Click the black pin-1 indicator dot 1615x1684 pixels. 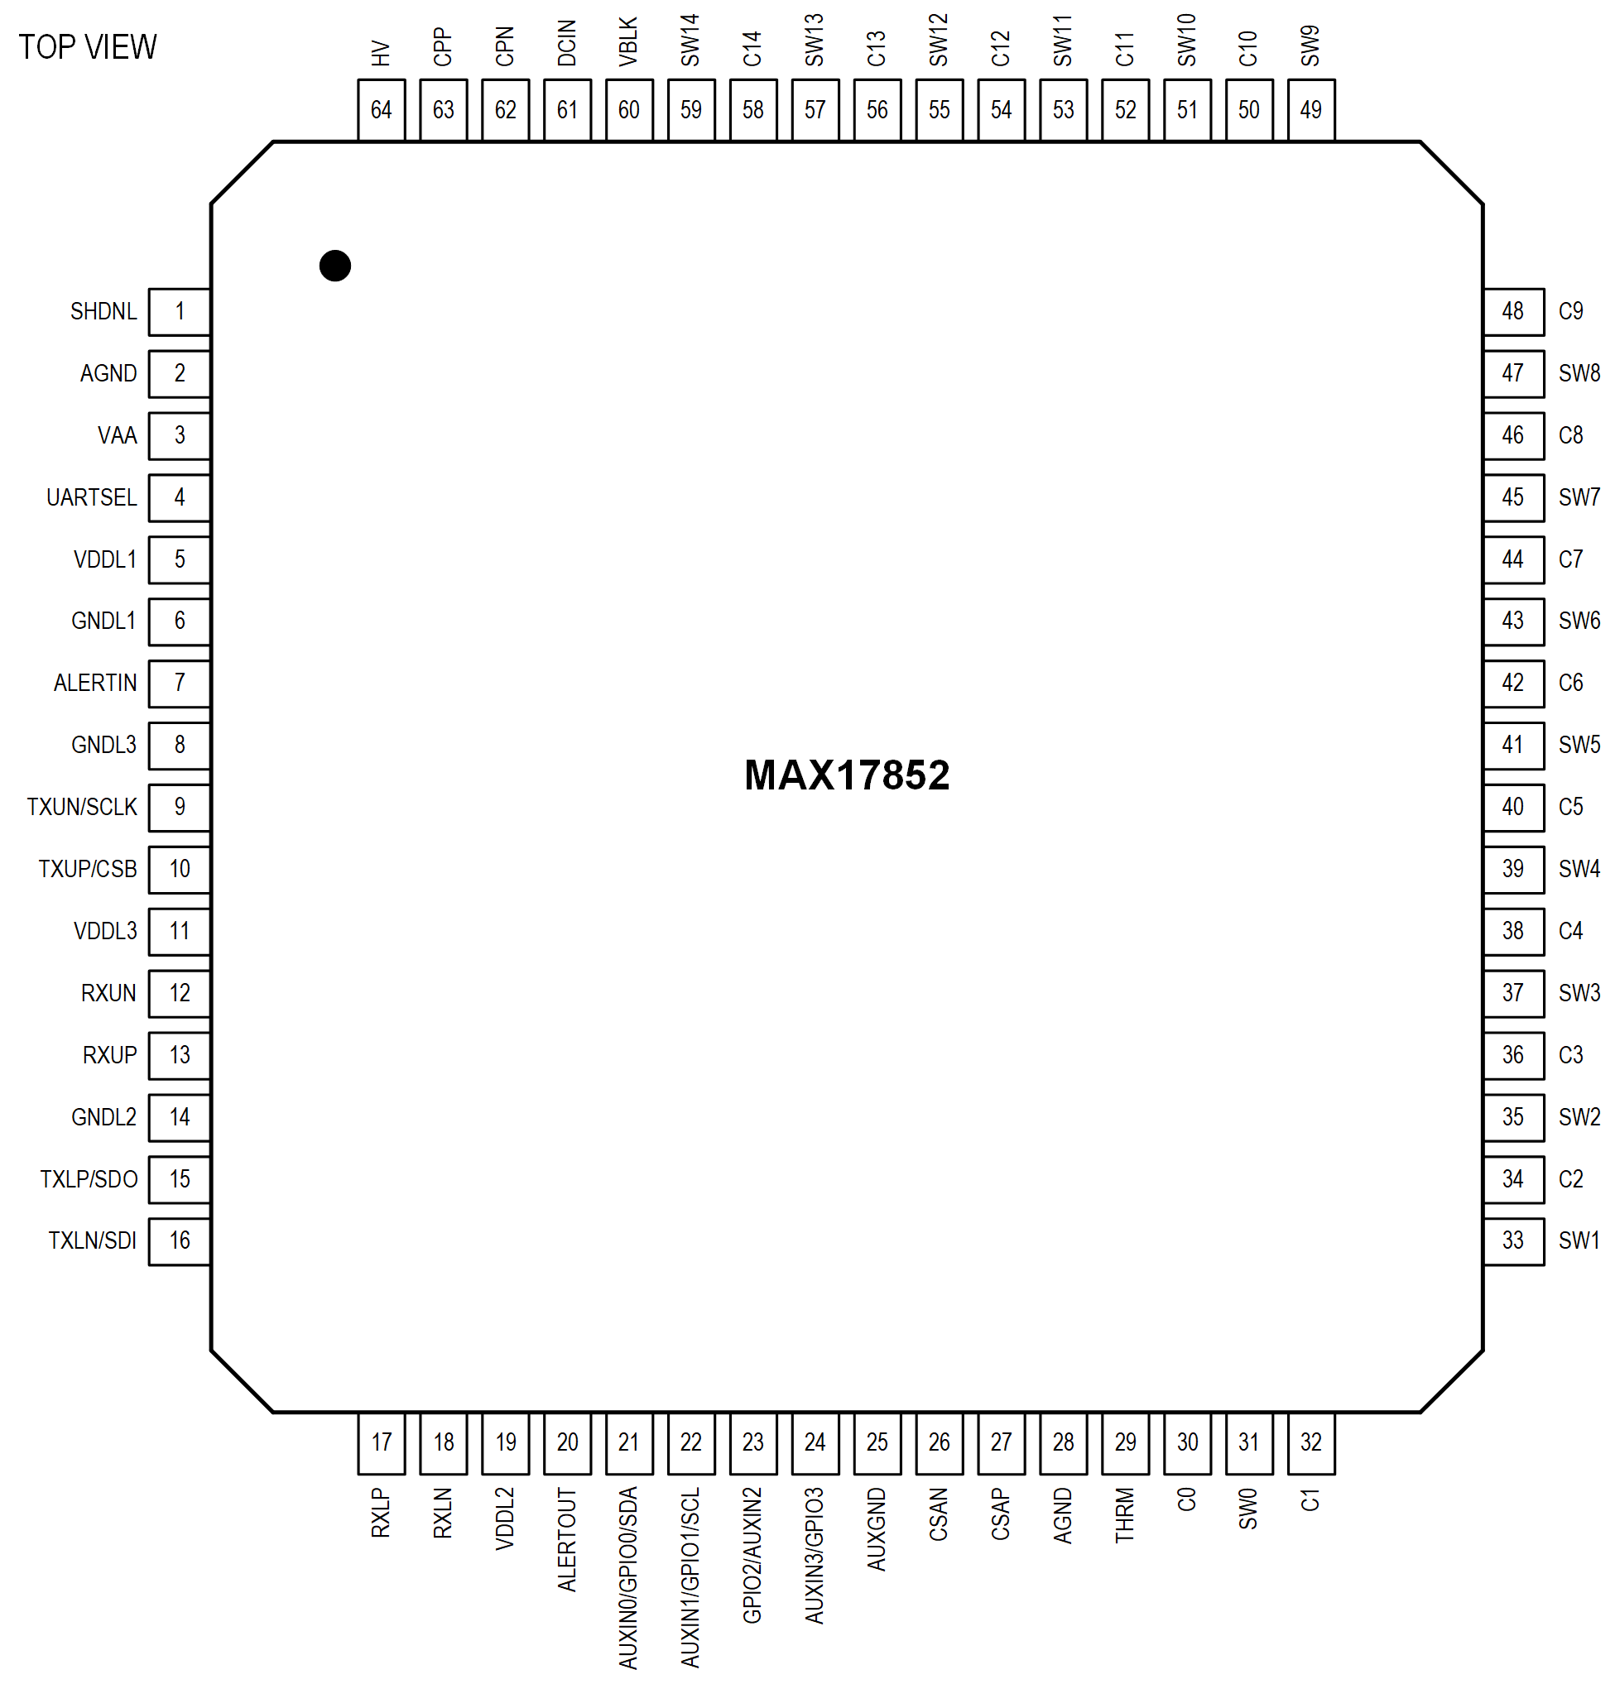click(x=334, y=266)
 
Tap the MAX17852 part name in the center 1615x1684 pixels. click(x=846, y=775)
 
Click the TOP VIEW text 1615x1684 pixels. click(x=88, y=47)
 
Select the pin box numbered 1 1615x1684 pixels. click(x=179, y=311)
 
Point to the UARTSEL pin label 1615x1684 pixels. click(x=91, y=497)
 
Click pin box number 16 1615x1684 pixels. click(x=179, y=1240)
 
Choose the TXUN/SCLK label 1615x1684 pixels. click(x=82, y=807)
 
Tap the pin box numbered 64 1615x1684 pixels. click(x=381, y=110)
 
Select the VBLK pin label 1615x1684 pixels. click(x=628, y=42)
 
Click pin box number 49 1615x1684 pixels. click(x=1310, y=110)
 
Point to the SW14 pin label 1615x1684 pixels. click(x=690, y=41)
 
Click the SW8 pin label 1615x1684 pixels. click(x=1579, y=373)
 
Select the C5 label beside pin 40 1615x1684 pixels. click(x=1570, y=807)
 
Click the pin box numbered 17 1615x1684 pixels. click(x=381, y=1442)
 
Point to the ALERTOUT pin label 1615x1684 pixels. click(x=566, y=1540)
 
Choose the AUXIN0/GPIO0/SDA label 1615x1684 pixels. click(x=628, y=1577)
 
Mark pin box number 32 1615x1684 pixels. click(x=1310, y=1442)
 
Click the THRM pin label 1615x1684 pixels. click(x=1124, y=1516)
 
